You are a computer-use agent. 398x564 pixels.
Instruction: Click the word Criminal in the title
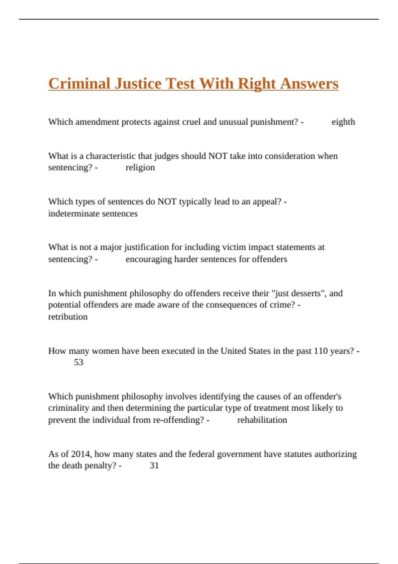(79, 83)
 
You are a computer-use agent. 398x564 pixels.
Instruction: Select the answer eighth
(343, 122)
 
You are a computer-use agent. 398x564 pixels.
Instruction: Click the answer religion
(140, 167)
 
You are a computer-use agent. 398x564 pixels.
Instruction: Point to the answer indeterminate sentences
(93, 213)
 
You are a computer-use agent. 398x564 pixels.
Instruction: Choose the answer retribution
(68, 317)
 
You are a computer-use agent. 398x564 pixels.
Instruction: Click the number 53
(79, 362)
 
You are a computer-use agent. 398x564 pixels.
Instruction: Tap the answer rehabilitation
(262, 420)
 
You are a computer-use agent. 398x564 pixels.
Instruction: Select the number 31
(154, 465)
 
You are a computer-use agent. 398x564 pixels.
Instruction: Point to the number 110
(321, 351)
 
